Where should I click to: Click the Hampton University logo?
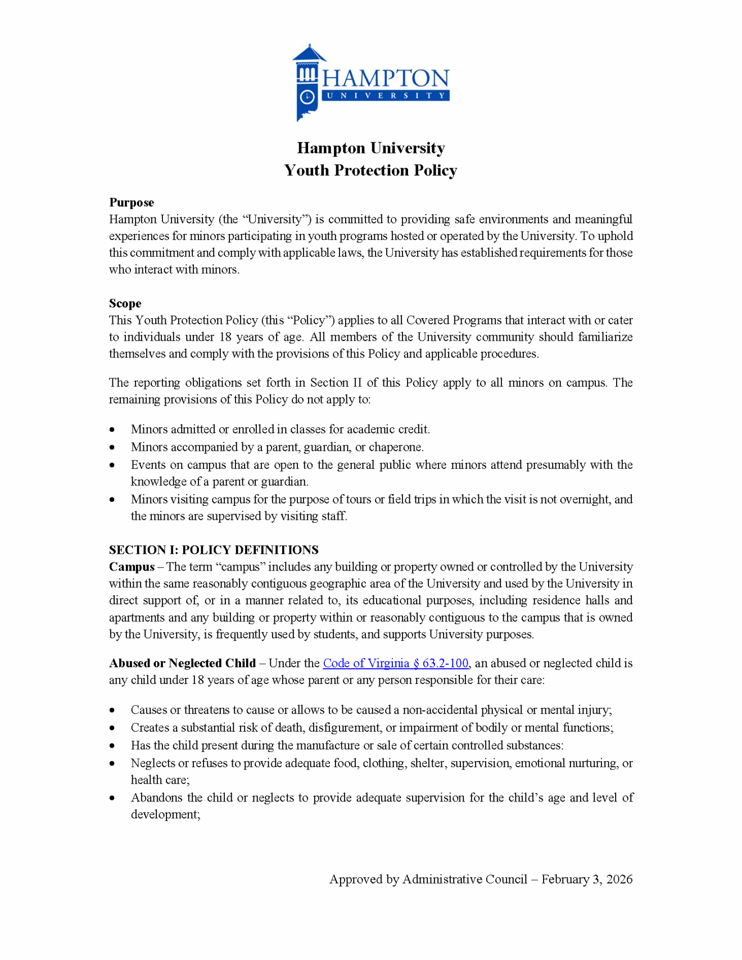pos(371,83)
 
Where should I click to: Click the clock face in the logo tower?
pos(307,97)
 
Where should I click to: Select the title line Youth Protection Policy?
pos(370,170)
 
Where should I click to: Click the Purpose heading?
pos(132,202)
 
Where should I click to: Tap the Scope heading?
pos(125,304)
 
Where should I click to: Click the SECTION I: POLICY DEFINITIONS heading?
pos(214,550)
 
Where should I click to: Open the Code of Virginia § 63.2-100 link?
pos(395,663)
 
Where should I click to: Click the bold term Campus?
pos(132,567)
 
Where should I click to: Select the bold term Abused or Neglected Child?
pos(182,663)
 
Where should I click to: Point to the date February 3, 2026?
pos(587,880)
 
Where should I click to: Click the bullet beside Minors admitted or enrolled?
pos(112,430)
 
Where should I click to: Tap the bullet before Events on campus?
pos(112,465)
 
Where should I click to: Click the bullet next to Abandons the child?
pos(112,798)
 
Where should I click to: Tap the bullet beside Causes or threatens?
pos(112,710)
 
